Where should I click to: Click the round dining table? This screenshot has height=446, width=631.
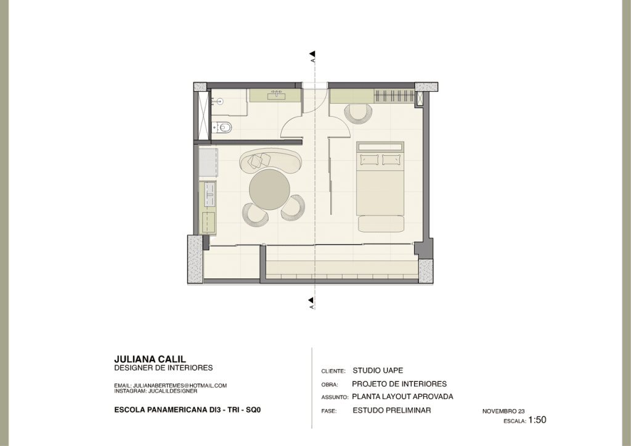click(x=269, y=189)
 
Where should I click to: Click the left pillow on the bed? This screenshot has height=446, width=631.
click(x=370, y=160)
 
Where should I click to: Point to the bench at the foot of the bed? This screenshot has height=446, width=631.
click(x=381, y=224)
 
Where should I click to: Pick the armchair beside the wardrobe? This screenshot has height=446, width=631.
click(x=358, y=113)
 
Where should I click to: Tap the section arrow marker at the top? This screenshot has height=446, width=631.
click(x=312, y=54)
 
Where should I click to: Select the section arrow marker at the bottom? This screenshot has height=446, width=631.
click(x=311, y=301)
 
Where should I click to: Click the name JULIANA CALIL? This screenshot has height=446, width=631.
click(x=150, y=359)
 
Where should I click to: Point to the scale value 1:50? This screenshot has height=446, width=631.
click(x=537, y=420)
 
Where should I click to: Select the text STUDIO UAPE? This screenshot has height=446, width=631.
click(x=378, y=370)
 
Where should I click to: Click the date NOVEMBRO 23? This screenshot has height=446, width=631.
click(x=503, y=411)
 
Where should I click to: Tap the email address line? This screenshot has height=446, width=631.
click(x=170, y=385)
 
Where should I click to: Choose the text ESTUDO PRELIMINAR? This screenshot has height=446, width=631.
click(x=391, y=410)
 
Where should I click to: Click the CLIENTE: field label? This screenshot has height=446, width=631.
click(x=333, y=371)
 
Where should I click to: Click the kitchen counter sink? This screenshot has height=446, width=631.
click(x=210, y=194)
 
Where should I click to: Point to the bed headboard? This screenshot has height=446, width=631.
click(x=380, y=147)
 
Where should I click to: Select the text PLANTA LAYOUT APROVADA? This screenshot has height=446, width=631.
click(x=402, y=397)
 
